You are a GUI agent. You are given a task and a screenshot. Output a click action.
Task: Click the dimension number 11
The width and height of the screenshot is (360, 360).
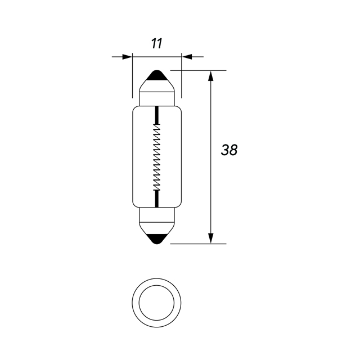coord(156,43)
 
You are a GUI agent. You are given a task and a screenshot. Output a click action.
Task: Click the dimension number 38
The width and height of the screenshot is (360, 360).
coord(229,150)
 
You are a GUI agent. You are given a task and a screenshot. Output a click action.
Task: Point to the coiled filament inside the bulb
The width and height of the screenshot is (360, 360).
coord(157,157)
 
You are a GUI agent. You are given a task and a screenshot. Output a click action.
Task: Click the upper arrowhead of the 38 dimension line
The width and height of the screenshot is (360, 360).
coord(211,76)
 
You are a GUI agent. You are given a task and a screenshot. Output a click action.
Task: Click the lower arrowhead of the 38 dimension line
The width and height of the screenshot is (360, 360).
coord(211,238)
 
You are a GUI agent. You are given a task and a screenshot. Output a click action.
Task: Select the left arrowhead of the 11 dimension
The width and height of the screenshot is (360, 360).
coord(126,56)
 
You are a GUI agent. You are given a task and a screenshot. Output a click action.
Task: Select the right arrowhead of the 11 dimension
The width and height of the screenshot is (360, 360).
coord(187,56)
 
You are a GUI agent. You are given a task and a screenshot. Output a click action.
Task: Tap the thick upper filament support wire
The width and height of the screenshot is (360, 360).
coord(157,115)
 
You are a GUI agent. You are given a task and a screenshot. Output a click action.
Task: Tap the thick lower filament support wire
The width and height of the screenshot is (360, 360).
coord(157,198)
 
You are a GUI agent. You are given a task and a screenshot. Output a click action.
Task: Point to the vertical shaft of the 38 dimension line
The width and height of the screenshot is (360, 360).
coord(211,186)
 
